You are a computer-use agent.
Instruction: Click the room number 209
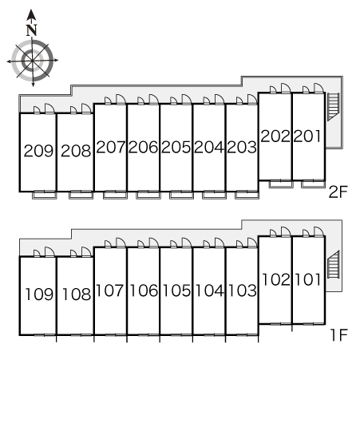[x=38, y=151]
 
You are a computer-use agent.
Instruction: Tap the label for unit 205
[x=176, y=147]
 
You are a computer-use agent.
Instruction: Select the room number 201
[x=307, y=136]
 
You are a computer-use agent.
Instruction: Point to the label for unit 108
[x=77, y=294]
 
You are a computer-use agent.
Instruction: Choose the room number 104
[x=209, y=291]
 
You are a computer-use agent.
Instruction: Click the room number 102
[x=276, y=279]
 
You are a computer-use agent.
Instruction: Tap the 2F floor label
[x=338, y=192]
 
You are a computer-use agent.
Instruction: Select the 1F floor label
[x=339, y=334]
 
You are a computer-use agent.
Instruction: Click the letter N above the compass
[x=32, y=30]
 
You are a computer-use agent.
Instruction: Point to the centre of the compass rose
[x=33, y=61]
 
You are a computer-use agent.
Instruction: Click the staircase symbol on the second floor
[x=333, y=107]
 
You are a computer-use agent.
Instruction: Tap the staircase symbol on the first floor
[x=334, y=264]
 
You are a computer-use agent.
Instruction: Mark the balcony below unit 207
[x=115, y=195]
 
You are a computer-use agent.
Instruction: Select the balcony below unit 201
[x=313, y=184]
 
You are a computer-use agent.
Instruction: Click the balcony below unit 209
[x=45, y=195]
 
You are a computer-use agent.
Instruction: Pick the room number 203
[x=242, y=147]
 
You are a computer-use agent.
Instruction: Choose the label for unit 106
[x=144, y=291]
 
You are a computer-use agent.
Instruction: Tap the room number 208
[x=76, y=151]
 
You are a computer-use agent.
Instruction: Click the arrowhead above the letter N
[x=32, y=14]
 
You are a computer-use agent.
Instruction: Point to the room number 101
[x=308, y=279]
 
